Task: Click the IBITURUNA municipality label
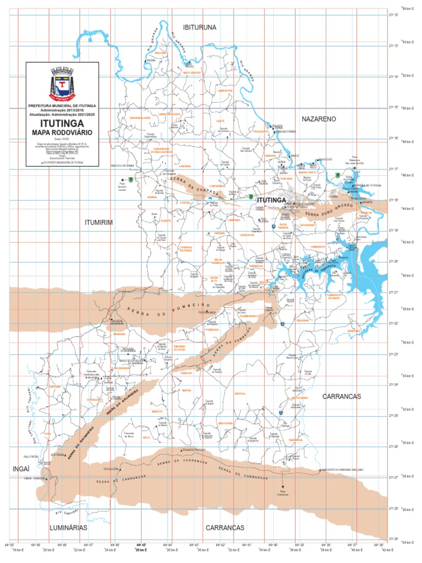[199, 27]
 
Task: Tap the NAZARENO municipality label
[319, 119]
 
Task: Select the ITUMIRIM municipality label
[98, 222]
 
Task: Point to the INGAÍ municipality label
[21, 468]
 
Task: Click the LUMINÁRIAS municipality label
[68, 527]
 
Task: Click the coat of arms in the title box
[62, 84]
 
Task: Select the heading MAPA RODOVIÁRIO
[62, 133]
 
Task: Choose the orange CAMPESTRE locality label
[225, 90]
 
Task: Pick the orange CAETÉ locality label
[220, 121]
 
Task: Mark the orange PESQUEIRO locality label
[260, 131]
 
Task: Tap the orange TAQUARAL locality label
[303, 320]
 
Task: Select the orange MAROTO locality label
[157, 411]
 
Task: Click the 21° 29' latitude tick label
[393, 538]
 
